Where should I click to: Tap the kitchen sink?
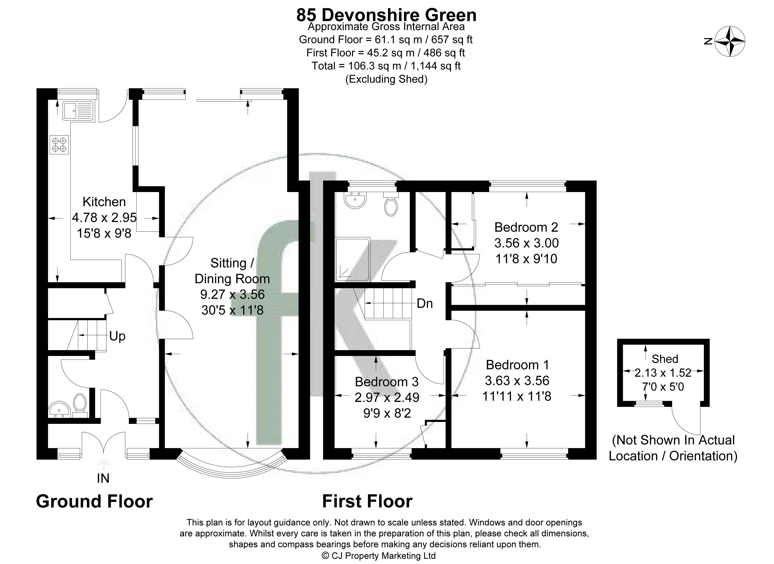coord(78,110)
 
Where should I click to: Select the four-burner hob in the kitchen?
coord(59,145)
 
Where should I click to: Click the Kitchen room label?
coord(104,202)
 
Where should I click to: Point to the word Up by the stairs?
coord(117,336)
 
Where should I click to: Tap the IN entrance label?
coord(103,479)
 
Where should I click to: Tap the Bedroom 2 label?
coord(526,227)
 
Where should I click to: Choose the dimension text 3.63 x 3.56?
coord(517,380)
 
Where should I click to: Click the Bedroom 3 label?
coord(387,381)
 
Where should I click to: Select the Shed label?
coord(665,359)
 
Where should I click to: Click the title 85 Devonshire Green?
coord(386,15)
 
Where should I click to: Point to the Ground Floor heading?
coord(94,501)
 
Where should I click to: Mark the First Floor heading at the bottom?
coord(367,501)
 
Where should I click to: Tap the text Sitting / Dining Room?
coord(232,271)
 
